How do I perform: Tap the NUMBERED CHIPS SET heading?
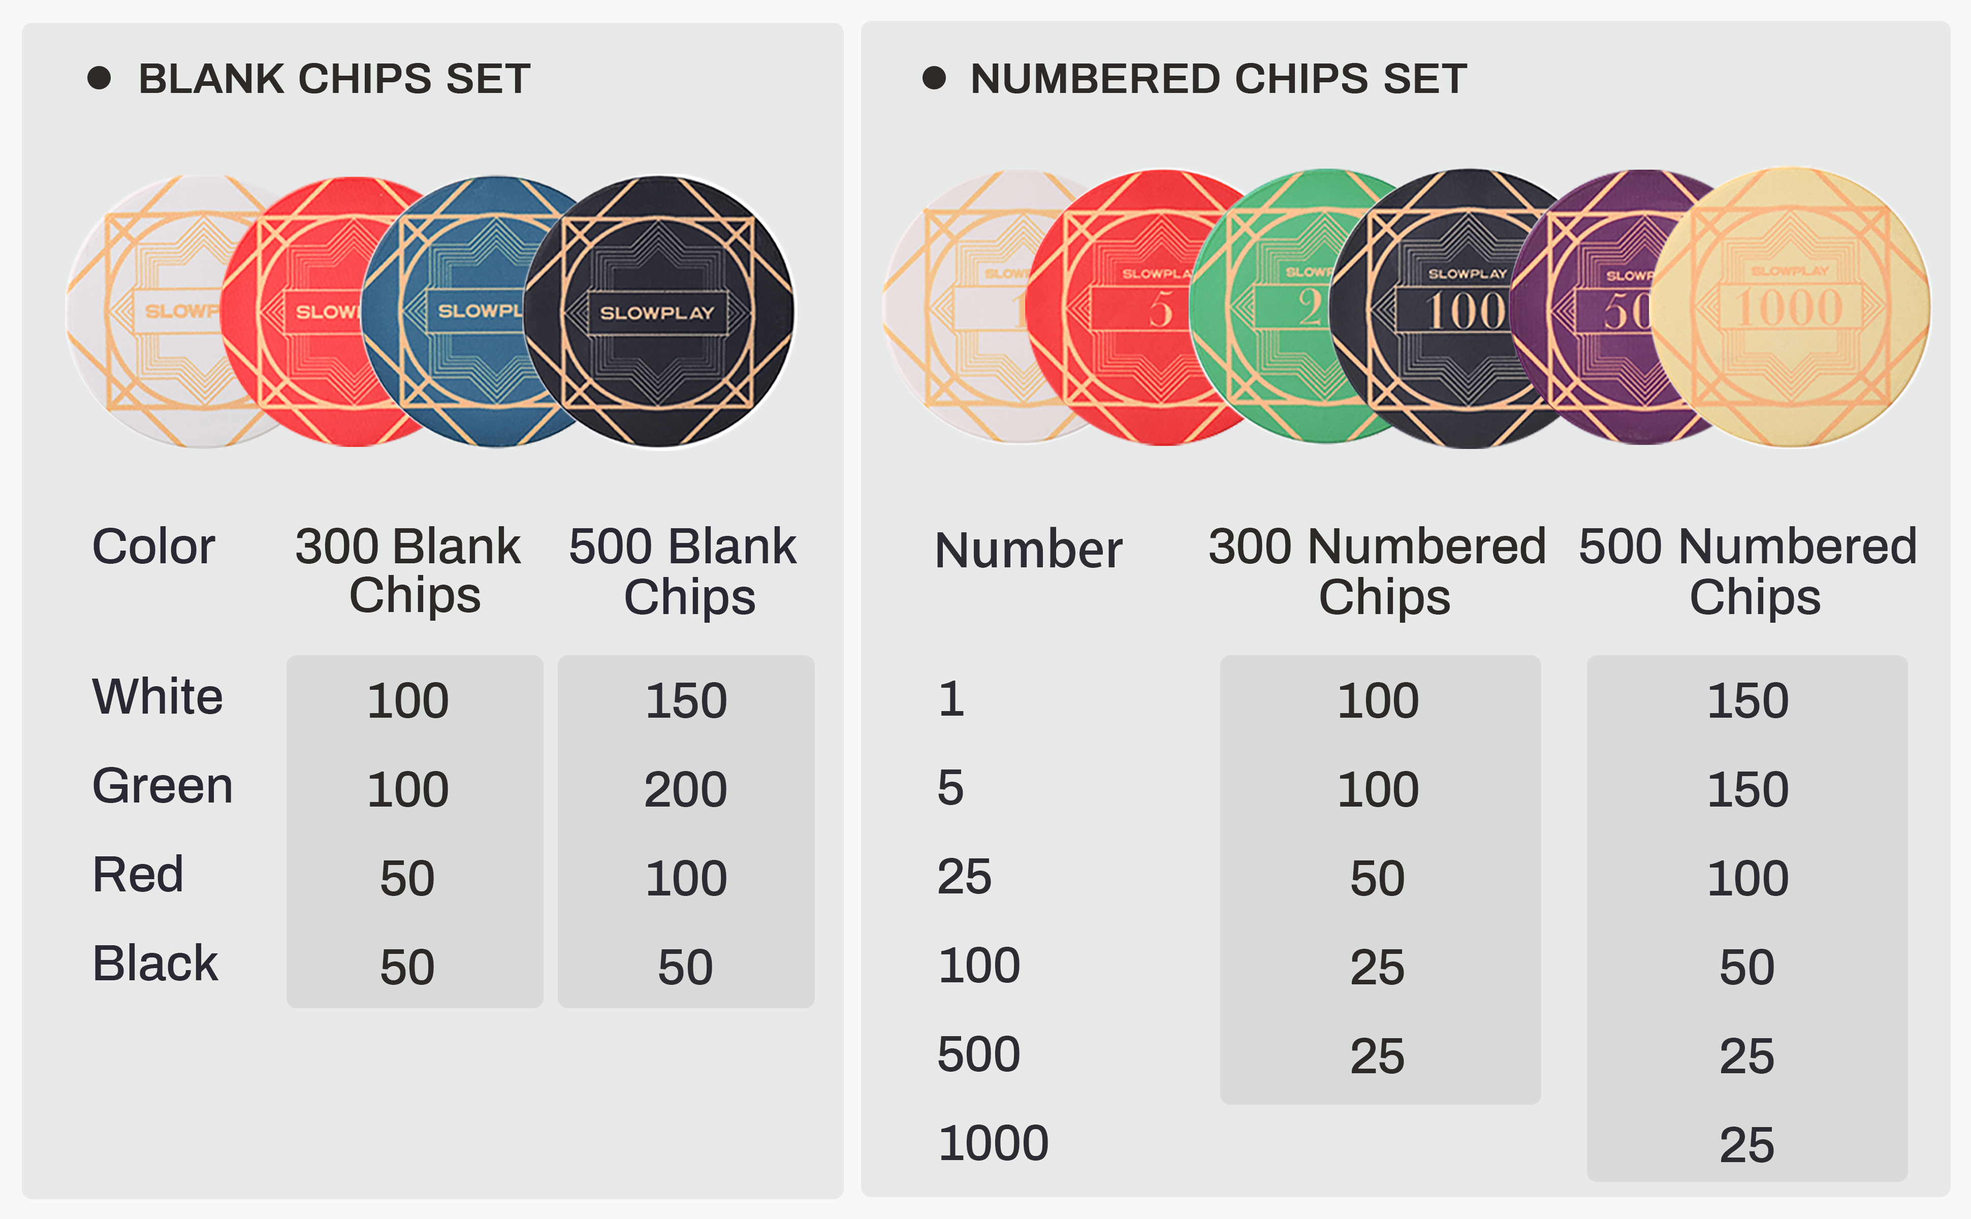click(x=1218, y=79)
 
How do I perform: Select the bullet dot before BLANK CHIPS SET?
click(x=99, y=78)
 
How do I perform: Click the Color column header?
click(x=153, y=547)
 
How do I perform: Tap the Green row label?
click(x=162, y=786)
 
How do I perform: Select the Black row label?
click(x=155, y=964)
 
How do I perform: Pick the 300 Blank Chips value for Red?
click(x=407, y=878)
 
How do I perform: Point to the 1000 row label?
click(x=992, y=1143)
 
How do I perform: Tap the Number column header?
click(x=1028, y=550)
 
